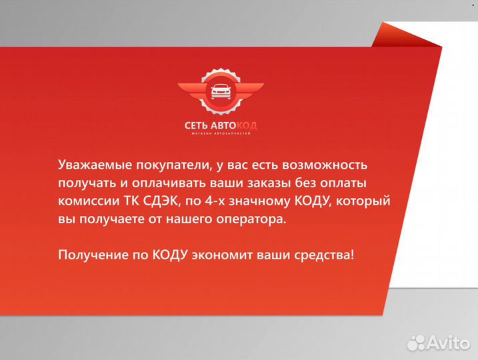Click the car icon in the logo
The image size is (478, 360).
(221, 93)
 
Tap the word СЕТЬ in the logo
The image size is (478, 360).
(198, 125)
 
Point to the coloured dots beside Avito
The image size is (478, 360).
(417, 343)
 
